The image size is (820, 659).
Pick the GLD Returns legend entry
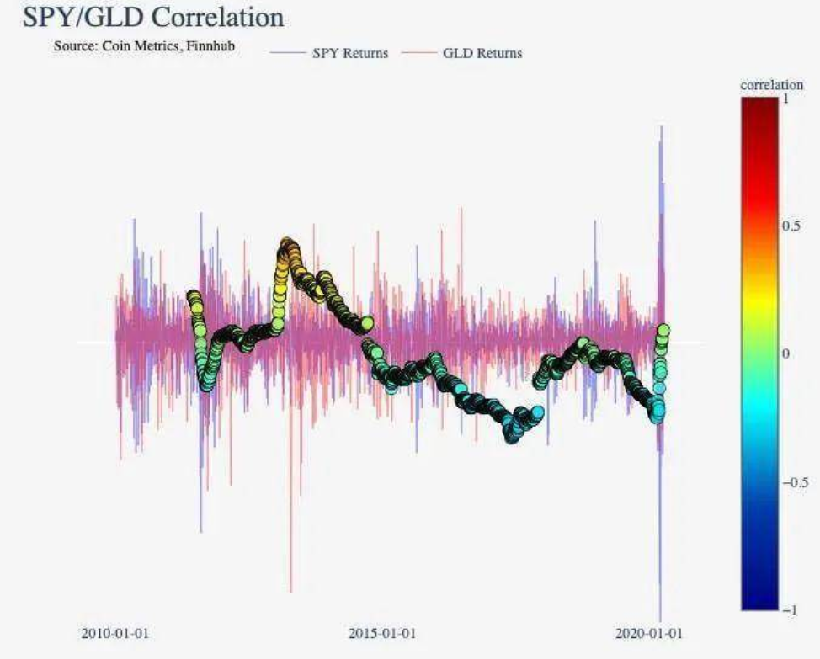pos(482,53)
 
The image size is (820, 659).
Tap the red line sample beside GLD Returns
pos(418,53)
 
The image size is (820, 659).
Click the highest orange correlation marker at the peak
pos(288,245)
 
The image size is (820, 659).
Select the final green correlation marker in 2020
pos(663,329)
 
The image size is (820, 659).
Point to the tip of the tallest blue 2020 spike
pos(662,126)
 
